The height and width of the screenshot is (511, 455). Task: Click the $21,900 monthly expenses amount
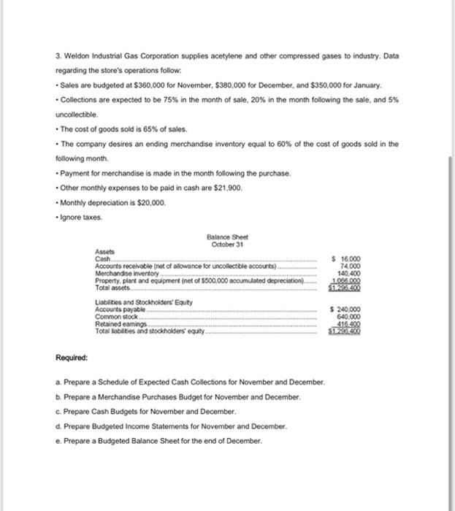[223, 188]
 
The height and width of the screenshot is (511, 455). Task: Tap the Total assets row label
[110, 286]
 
